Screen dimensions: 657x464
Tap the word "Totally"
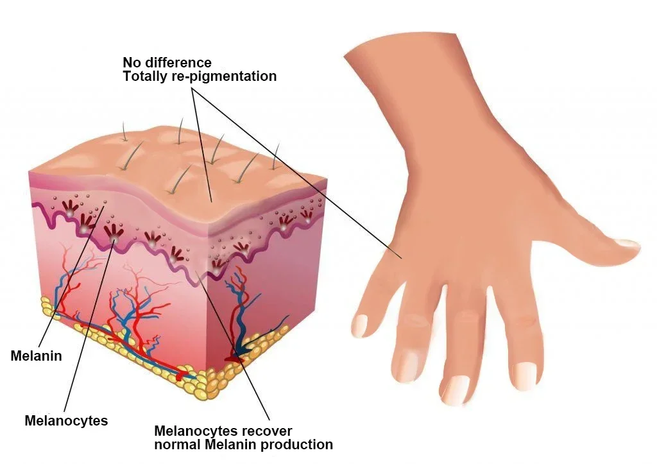click(x=144, y=76)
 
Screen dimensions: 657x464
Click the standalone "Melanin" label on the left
click(x=37, y=356)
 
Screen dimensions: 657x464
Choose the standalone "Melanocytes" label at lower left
click(x=66, y=421)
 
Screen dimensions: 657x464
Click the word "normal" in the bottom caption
click(x=176, y=444)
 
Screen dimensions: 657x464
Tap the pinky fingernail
click(x=359, y=325)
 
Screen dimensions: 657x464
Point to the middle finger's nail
click(x=457, y=390)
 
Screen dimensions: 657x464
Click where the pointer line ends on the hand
click(x=402, y=259)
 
